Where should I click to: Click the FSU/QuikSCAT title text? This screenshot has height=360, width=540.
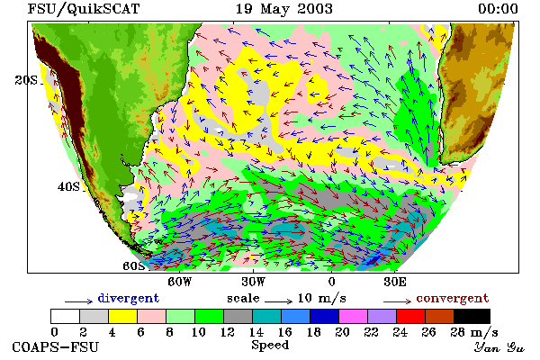[x=84, y=9]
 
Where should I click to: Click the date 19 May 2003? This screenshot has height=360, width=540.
[x=284, y=9]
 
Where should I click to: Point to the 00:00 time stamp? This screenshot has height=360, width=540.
[x=498, y=9]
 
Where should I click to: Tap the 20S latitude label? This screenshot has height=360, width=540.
[x=26, y=80]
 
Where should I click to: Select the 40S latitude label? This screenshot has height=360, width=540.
[x=68, y=186]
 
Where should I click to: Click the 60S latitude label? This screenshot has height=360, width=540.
[x=134, y=266]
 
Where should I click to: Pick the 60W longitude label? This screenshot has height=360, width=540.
[x=180, y=282]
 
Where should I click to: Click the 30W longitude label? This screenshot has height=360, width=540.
[x=254, y=282]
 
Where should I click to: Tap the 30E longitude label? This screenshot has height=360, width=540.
[x=395, y=282]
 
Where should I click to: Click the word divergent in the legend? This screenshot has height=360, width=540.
[x=129, y=298]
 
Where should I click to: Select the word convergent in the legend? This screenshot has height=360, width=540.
[x=453, y=298]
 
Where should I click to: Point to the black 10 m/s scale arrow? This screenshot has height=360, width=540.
[x=279, y=301]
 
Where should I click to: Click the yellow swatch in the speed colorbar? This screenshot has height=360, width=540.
[x=123, y=316]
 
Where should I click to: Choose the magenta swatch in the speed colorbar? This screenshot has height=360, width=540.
[x=354, y=316]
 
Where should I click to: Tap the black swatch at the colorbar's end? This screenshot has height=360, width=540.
[x=472, y=316]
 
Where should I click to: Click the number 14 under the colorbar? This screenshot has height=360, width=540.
[x=256, y=332]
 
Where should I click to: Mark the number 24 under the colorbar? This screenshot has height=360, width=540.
[x=400, y=332]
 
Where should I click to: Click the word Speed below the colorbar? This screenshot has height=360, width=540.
[x=270, y=346]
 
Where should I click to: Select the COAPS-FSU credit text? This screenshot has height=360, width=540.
[x=56, y=346]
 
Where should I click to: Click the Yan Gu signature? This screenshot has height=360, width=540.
[x=499, y=347]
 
